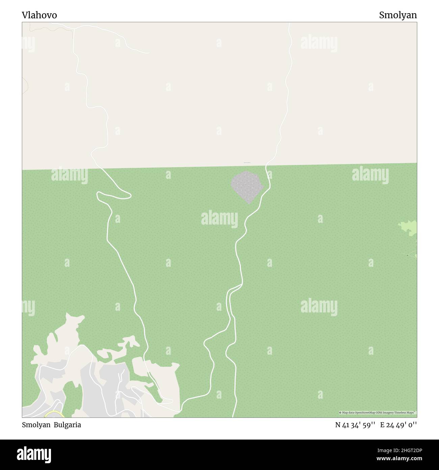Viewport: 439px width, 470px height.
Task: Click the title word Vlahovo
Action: pos(40,15)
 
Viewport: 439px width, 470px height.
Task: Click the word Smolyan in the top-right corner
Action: pos(397,15)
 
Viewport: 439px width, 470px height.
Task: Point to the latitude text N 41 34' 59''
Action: pos(355,425)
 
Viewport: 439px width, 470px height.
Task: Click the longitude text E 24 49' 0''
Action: pos(398,425)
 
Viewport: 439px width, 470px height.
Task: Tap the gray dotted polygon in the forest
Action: pos(247,187)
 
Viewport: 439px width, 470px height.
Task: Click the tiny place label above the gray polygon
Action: pos(247,163)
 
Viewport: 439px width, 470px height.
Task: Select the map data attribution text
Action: pos(377,413)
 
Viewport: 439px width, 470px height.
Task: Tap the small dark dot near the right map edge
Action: pos(407,255)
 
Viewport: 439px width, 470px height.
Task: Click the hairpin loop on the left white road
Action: pos(113,195)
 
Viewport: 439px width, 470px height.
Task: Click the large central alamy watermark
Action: pos(219,218)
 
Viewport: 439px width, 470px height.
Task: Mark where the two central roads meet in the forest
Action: pos(241,285)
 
